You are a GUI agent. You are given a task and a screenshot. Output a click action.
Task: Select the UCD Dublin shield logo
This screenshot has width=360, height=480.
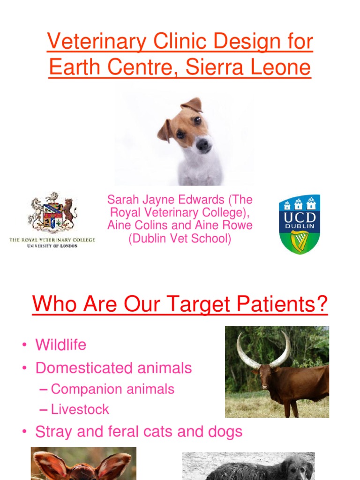300,224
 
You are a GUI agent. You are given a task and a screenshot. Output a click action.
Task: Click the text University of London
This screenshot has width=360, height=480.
52,246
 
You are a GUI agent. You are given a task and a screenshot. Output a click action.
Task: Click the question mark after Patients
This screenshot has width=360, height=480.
321,305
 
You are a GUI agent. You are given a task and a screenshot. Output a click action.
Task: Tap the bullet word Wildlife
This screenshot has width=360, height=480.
61,345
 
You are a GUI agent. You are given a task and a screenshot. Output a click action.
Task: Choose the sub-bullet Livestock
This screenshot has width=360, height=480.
80,409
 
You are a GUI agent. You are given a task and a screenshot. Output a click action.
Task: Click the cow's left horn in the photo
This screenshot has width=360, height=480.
245,350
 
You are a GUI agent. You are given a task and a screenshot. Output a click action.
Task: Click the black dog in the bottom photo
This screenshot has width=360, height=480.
262,469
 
